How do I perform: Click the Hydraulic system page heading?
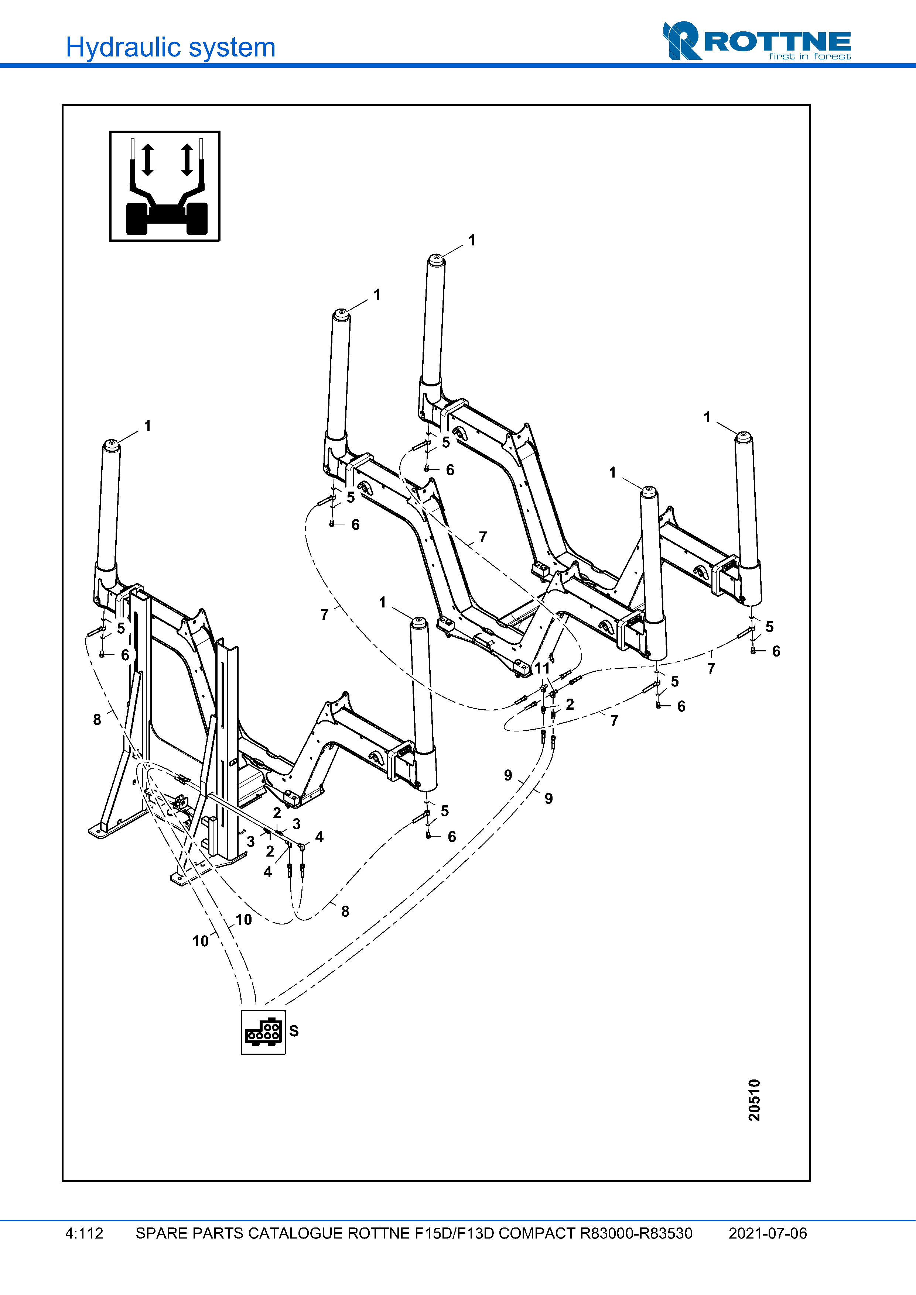(x=170, y=47)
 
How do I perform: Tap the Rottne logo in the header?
(x=756, y=41)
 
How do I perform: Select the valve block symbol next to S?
(x=263, y=1031)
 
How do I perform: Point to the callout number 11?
(x=542, y=668)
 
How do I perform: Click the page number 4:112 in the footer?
(x=84, y=1233)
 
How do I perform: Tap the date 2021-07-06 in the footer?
(x=767, y=1233)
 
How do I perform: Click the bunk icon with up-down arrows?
(x=165, y=186)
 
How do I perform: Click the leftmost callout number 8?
(x=97, y=719)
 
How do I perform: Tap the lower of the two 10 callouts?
(x=200, y=941)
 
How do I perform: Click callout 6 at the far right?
(x=776, y=651)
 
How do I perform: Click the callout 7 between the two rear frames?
(x=482, y=537)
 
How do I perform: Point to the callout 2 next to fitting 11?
(x=570, y=704)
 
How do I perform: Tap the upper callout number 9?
(x=508, y=775)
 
